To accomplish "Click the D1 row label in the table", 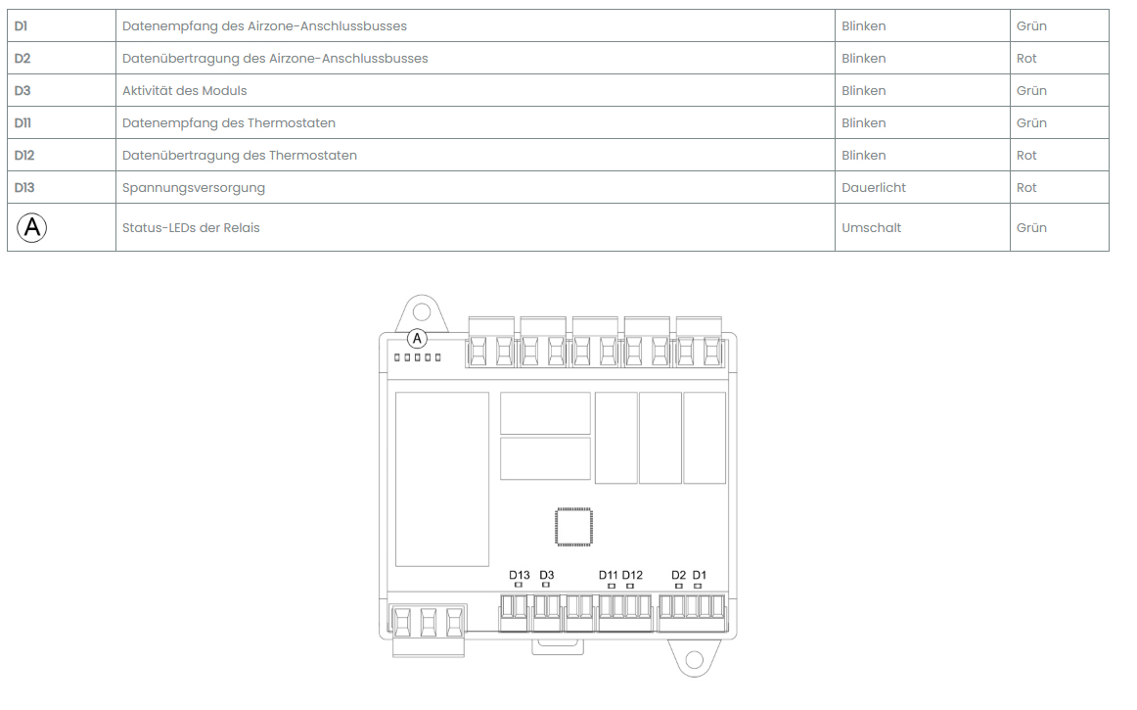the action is (x=21, y=26).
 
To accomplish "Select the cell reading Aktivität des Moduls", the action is (x=184, y=91).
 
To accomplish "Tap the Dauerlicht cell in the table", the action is (x=873, y=187).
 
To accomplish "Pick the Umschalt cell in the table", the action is (x=871, y=227).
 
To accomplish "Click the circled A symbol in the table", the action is (x=32, y=227).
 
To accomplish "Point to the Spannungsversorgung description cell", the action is (x=194, y=188).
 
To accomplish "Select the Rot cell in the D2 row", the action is (x=1026, y=58).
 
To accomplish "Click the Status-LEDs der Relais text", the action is (x=191, y=227).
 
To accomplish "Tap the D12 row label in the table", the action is (x=23, y=156).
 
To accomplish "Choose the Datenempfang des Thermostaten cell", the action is (x=228, y=123).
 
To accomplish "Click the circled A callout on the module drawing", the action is (x=417, y=338).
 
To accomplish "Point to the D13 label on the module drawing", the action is (x=520, y=575).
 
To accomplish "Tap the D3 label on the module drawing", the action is (x=547, y=575).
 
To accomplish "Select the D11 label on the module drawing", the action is (x=608, y=575).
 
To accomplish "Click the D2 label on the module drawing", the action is (x=679, y=575).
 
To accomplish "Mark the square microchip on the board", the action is (x=573, y=526).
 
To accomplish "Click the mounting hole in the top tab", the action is (x=422, y=313).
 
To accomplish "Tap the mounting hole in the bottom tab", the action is (x=694, y=659).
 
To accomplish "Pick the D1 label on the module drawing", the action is (x=699, y=575).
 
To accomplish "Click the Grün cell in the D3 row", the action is (x=1031, y=91).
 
